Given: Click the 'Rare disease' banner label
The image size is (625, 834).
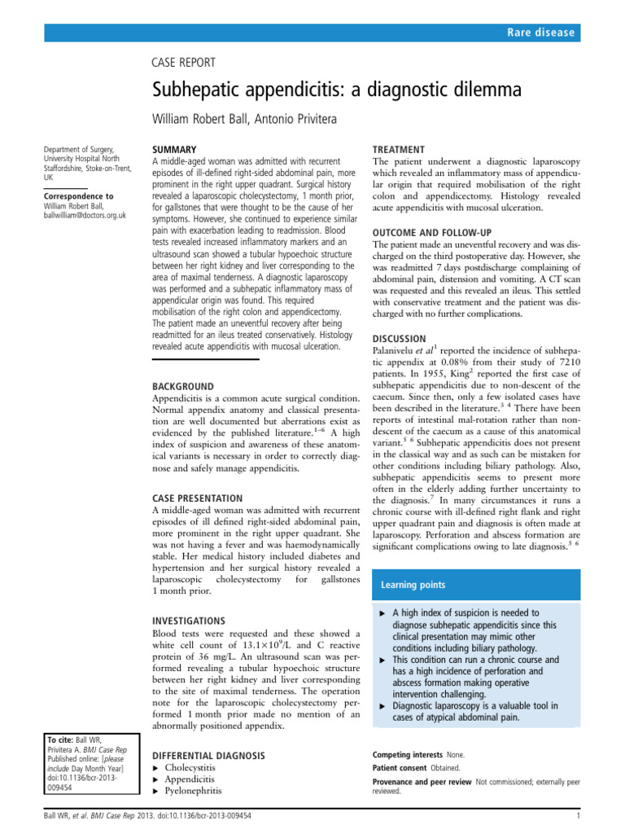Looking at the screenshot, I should (x=541, y=33).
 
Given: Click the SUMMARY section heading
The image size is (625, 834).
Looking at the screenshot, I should (x=175, y=150).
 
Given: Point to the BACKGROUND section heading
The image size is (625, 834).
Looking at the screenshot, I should (x=184, y=385).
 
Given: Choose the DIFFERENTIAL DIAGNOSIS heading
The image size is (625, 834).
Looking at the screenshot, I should (x=208, y=756).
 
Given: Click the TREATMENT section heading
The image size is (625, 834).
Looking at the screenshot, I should (x=399, y=150).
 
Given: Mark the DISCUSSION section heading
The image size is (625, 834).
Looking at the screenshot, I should (x=399, y=338).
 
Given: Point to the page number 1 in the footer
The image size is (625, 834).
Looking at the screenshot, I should (x=576, y=815).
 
